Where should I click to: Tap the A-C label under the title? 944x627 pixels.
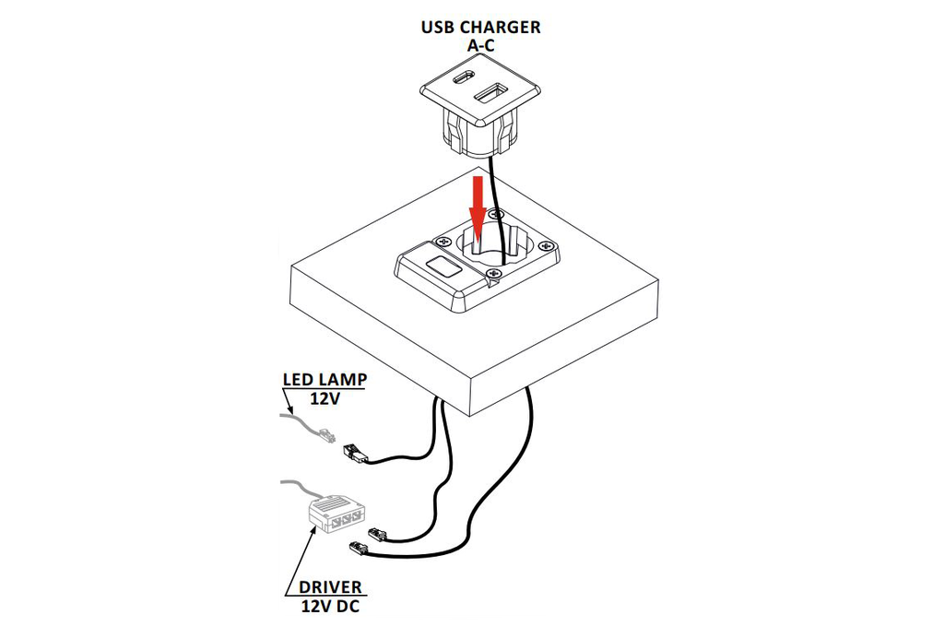(481, 45)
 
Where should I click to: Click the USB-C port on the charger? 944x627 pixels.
(464, 78)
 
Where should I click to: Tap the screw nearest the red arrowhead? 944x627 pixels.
(495, 213)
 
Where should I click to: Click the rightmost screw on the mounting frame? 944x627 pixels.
(546, 246)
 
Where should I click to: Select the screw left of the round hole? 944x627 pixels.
(444, 241)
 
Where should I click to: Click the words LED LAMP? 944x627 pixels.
(324, 380)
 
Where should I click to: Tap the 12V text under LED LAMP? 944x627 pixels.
(324, 398)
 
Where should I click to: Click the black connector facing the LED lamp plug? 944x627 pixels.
(355, 455)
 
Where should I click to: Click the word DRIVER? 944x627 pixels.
(331, 587)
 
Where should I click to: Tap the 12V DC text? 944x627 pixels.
(331, 605)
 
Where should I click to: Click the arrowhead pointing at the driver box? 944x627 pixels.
(313, 529)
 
